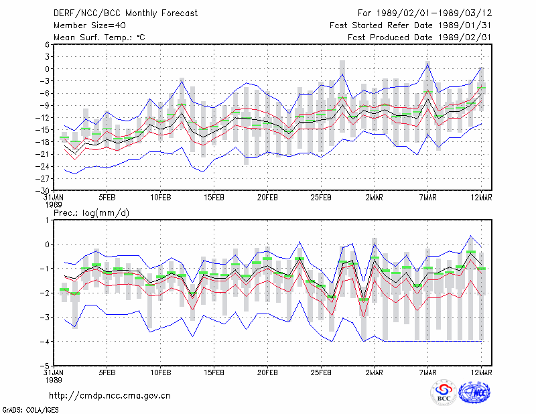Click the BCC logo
[444, 393]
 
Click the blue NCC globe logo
[474, 393]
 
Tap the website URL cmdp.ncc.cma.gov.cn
[110, 396]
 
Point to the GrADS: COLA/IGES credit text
[30, 410]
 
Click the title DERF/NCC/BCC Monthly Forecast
[125, 13]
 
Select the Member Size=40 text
[90, 25]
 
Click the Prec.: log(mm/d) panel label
[91, 213]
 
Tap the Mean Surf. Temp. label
[99, 38]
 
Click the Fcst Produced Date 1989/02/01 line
[419, 38]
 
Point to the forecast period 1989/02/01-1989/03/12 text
[425, 13]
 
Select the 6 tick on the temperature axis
[47, 44]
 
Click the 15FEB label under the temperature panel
[214, 198]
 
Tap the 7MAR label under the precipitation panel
[427, 372]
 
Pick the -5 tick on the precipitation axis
[45, 366]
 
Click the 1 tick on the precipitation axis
[47, 220]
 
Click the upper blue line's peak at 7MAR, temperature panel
[427, 64]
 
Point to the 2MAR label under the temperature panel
[375, 198]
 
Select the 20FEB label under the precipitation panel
[267, 372]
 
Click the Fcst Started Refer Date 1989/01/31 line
[411, 25]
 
